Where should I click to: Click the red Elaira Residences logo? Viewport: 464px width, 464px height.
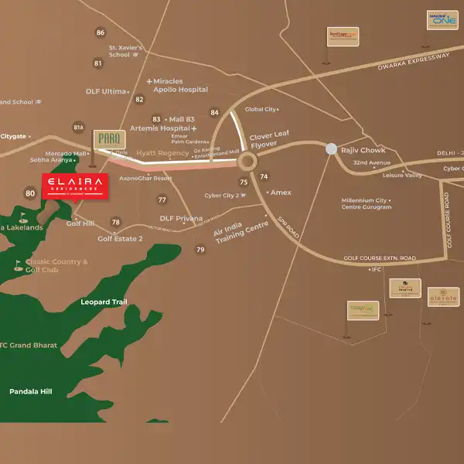[75, 186]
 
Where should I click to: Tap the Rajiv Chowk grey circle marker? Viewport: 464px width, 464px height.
[331, 148]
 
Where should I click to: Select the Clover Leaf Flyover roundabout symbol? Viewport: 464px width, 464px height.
[247, 162]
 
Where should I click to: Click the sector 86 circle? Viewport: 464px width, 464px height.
[100, 32]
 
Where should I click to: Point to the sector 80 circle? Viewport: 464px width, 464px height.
[30, 193]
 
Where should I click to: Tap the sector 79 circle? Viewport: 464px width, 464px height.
[200, 249]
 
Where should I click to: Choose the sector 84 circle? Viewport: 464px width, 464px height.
[214, 113]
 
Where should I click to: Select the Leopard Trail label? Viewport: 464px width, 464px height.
[103, 302]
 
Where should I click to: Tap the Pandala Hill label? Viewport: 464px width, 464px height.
[30, 392]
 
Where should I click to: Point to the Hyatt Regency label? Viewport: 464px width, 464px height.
[162, 153]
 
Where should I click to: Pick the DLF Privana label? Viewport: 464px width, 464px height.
[181, 219]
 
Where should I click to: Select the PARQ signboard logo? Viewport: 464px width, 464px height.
[104, 140]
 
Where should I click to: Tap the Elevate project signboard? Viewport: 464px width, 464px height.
[443, 296]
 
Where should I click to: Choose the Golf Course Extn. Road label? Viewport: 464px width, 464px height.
[380, 258]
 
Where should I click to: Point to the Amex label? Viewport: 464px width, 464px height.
[279, 191]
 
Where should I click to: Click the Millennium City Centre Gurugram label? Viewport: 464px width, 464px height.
[367, 204]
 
